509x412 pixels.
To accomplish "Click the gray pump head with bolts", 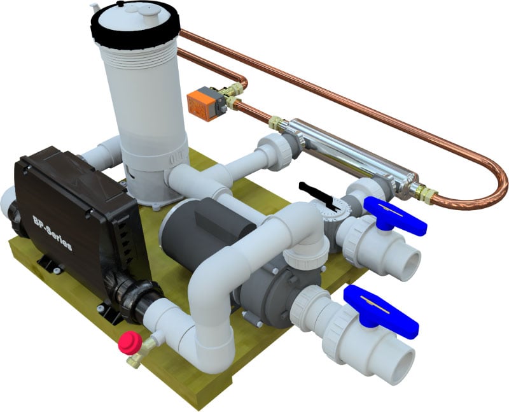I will point(261,290).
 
